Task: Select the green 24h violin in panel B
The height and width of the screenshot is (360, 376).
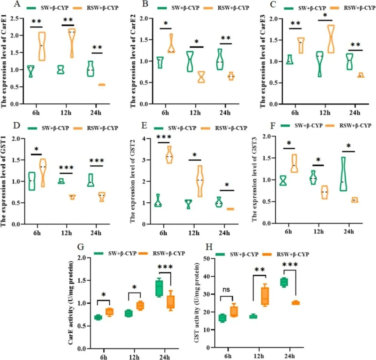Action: (220, 60)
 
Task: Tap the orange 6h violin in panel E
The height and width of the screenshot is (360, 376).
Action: (170, 154)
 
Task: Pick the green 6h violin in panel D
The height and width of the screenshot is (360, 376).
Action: (32, 181)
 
